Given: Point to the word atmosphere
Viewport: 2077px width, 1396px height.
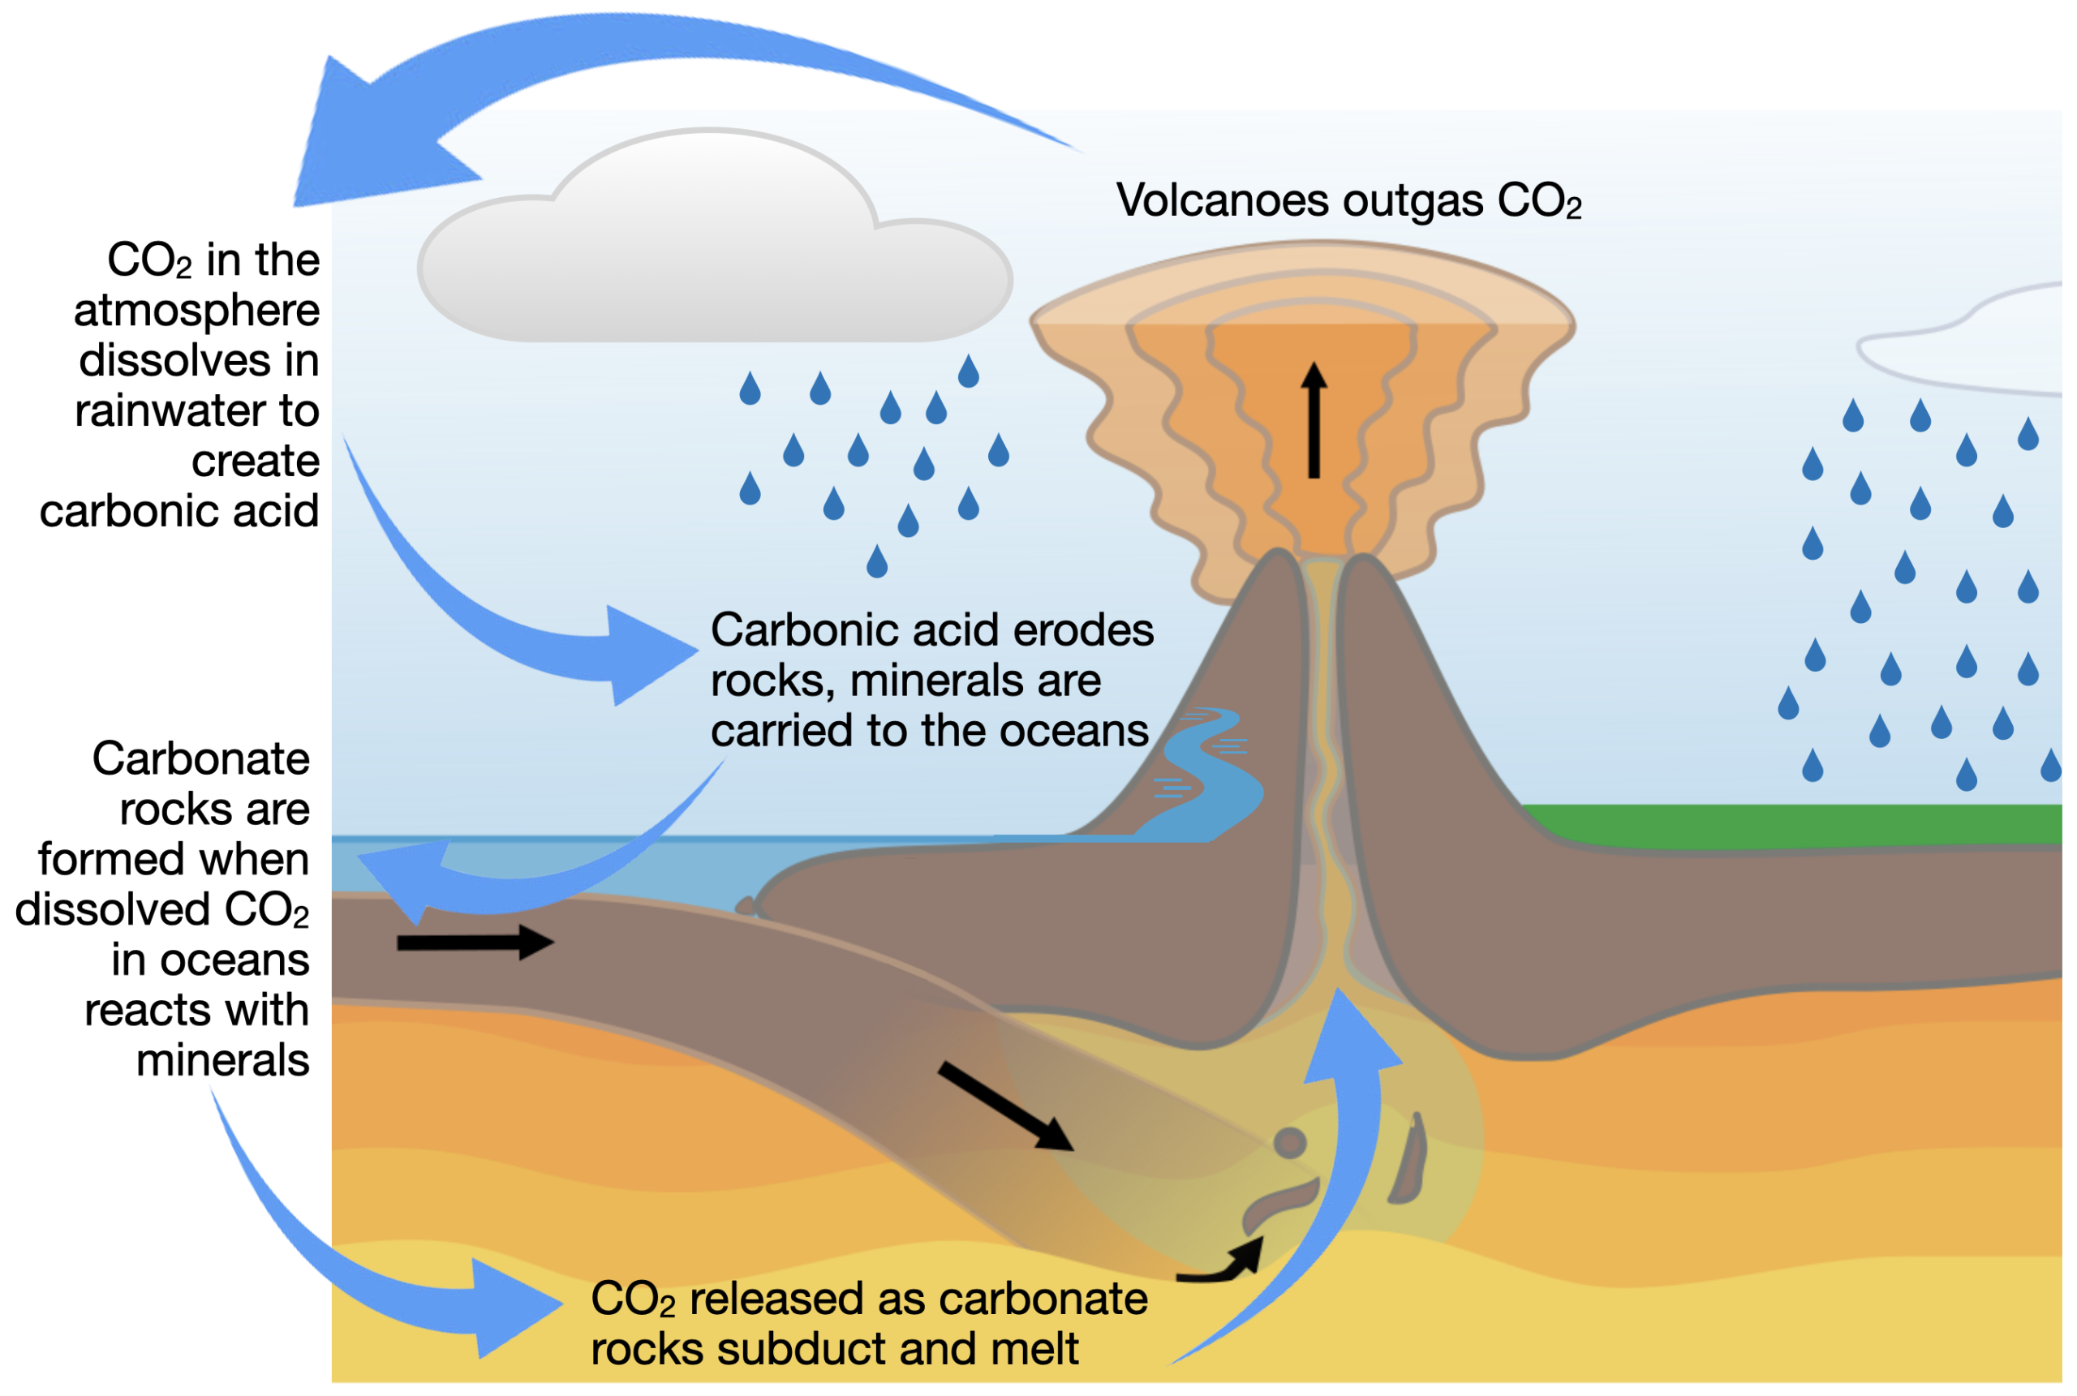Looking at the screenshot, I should click(196, 311).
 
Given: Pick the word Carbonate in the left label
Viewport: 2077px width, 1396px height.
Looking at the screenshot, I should click(200, 759).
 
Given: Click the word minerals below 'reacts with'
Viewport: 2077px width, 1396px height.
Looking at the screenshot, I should click(222, 1061).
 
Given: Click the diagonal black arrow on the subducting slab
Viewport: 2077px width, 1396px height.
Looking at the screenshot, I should click(1006, 1106).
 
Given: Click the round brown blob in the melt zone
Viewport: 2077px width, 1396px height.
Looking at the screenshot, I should click(1290, 1142).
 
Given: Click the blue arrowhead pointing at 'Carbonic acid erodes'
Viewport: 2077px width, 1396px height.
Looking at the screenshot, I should click(650, 655).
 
